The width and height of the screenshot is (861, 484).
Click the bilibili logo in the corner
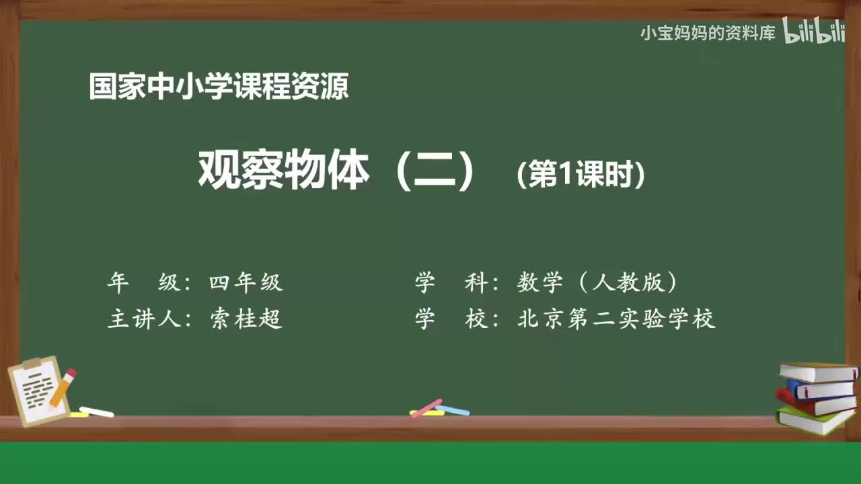[814, 32]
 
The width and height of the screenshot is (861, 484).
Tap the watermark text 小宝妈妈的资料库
[708, 33]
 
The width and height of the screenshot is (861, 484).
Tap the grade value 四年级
[246, 283]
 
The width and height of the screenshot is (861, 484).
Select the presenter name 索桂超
[246, 319]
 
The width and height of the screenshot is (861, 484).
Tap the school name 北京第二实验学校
[616, 319]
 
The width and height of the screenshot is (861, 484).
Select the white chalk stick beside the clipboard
[96, 411]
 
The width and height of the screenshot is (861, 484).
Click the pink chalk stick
[426, 408]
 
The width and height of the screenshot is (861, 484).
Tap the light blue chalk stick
[453, 410]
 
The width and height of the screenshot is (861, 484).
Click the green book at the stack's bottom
[814, 421]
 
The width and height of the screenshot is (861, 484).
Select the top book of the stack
[818, 372]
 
